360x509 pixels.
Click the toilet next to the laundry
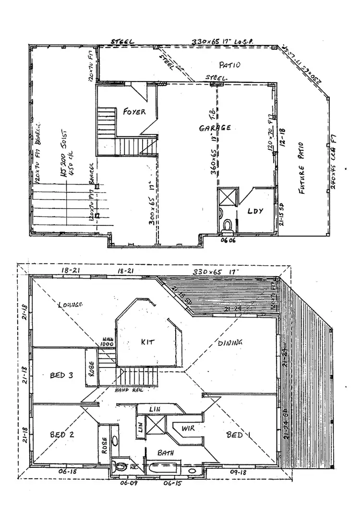click(228, 225)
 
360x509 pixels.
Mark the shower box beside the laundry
click(226, 198)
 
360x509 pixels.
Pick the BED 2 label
click(60, 435)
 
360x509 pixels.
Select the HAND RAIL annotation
click(127, 391)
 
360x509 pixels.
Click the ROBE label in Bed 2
click(104, 444)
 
